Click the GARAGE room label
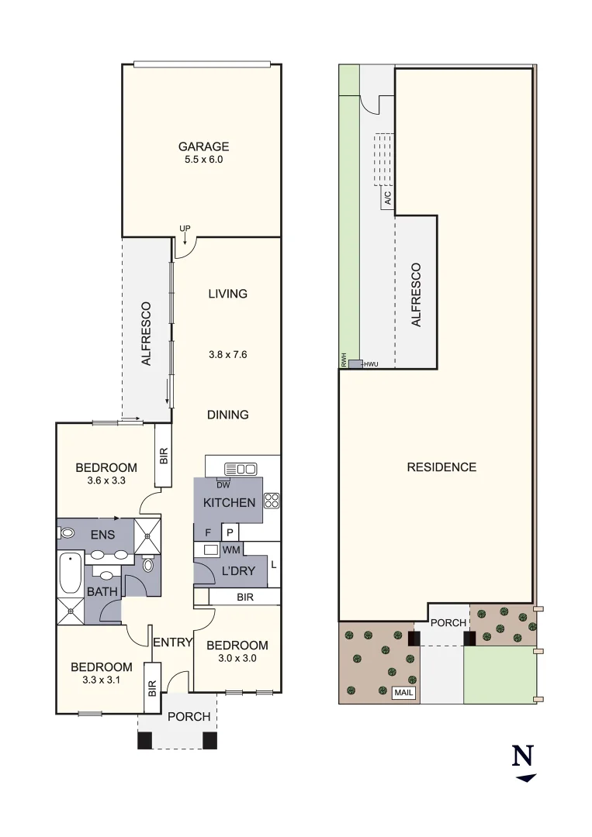(203, 146)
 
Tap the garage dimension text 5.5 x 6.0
(203, 160)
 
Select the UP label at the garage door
(185, 228)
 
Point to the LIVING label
(227, 294)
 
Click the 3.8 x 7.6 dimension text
(227, 354)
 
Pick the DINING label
(227, 415)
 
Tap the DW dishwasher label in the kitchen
(223, 485)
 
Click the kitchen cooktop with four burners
(272, 501)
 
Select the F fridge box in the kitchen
(207, 532)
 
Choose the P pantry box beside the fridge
(230, 532)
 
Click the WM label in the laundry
(231, 549)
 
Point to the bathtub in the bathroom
(70, 573)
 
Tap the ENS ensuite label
(102, 535)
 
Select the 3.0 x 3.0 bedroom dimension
(237, 659)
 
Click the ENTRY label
(172, 642)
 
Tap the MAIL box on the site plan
(403, 694)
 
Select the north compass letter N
(524, 756)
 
